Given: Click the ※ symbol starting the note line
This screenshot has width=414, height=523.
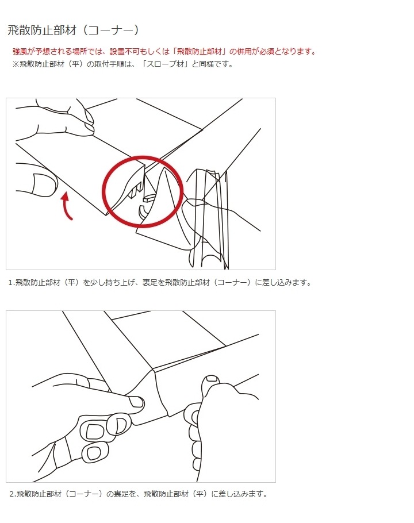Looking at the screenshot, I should [x=16, y=64].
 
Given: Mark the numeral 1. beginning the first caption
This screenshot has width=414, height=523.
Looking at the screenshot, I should [x=11, y=282].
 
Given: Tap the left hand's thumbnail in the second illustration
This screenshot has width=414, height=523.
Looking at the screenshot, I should [x=136, y=401].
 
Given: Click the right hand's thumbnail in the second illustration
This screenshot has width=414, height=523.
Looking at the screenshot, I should [x=212, y=379].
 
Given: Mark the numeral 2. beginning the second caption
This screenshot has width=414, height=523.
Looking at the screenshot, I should [x=12, y=494].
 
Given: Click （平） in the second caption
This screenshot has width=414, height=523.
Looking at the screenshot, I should [x=198, y=494].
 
